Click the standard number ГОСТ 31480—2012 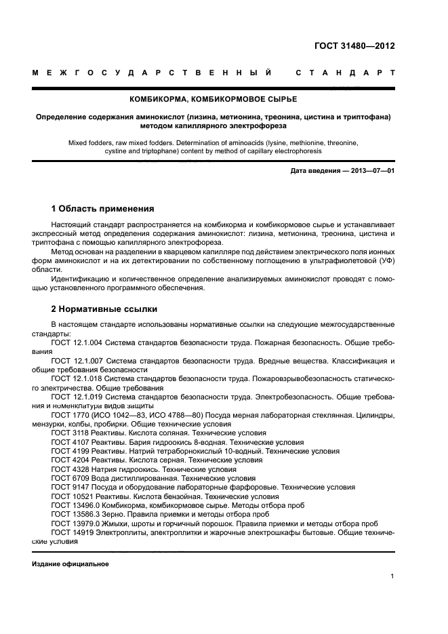[354, 46]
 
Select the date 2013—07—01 [371, 171]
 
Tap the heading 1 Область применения [103, 208]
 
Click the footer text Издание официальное [70, 564]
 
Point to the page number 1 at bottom [392, 576]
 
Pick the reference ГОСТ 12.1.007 [78, 361]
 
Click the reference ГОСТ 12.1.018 [78, 379]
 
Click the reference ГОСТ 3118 [68, 433]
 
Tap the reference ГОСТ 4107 [68, 441]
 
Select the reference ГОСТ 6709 [68, 477]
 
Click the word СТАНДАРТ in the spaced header [345, 72]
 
